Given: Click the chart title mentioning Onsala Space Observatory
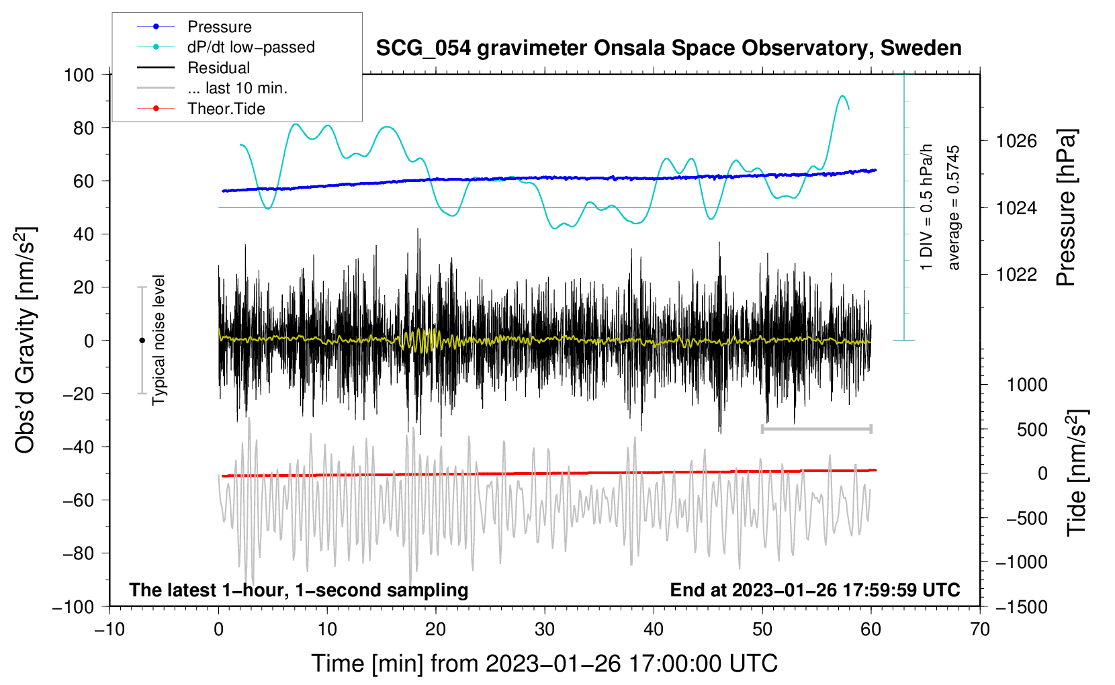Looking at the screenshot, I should point(668,48).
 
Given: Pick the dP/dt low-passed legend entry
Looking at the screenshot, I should point(251,47).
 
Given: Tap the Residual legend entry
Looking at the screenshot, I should point(218,68).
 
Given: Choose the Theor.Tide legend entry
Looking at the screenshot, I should point(226,109).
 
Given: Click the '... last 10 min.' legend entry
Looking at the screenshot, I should point(237,88).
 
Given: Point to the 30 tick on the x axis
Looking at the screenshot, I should point(545,629).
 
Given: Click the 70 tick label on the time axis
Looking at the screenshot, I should point(980,629).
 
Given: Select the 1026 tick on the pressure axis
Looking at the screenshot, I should point(1016,141).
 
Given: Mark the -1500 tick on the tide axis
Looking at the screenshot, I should point(1021,606).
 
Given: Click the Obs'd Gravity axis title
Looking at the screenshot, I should point(26,340).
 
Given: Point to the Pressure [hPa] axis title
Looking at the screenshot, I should point(1066,208).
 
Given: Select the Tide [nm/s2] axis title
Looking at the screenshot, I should point(1077,473).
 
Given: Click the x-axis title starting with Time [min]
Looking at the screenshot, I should point(545,664).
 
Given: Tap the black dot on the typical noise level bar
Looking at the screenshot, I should point(142,340).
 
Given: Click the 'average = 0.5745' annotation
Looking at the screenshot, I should point(954,208).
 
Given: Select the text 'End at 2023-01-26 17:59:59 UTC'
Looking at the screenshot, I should point(815,590).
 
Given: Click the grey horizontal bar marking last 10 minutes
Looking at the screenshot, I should point(816,428).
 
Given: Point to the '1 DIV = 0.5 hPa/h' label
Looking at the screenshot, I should point(927,208).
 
